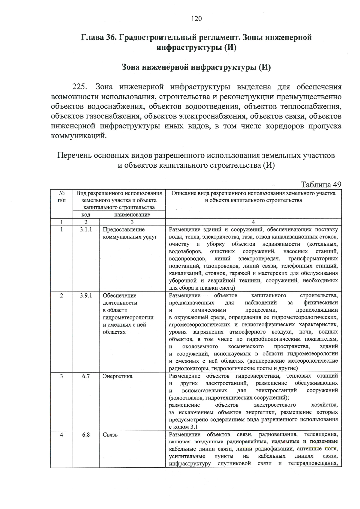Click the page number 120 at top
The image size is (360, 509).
pos(196,19)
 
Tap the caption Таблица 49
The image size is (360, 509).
pos(321,184)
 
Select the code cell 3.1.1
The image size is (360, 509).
pos(86,229)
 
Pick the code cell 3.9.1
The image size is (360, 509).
pos(86,295)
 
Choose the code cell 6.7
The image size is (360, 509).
pos(86,376)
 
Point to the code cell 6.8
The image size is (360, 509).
pos(86,435)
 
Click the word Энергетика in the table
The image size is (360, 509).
pos(117,376)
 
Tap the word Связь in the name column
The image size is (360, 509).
pos(110,435)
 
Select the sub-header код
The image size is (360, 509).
pos(86,215)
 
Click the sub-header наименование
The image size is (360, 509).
pos(132,215)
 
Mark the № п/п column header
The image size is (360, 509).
pos(61,197)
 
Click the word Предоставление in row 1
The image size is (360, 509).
pos(124,229)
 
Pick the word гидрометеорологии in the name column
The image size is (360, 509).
pos(128,317)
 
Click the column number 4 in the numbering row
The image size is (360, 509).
pos(253,222)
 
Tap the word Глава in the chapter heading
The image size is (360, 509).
pos(91,37)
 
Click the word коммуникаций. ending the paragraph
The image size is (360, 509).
pos(79,136)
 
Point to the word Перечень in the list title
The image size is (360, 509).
pos(74,156)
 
